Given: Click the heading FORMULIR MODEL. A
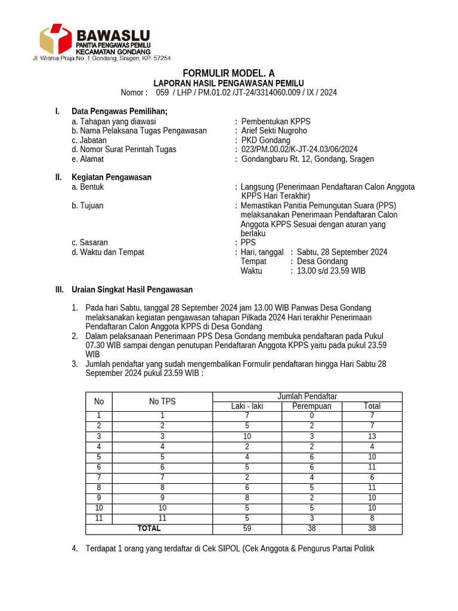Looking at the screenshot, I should coord(228,73).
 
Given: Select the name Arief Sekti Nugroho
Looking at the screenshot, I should coord(274,131).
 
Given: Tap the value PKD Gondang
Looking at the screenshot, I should coord(265,140).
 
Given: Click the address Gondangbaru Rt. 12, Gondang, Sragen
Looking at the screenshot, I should coord(308,159).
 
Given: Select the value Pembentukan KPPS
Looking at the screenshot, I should coord(276,121).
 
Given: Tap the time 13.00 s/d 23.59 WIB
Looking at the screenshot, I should coord(331,271).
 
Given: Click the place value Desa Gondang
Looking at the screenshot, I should coord(322,261).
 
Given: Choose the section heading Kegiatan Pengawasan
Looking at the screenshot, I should coord(112,177).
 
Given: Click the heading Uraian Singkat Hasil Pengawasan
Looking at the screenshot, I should coord(132,289).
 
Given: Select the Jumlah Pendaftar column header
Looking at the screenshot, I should coord(307,397).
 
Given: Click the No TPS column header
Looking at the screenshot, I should coord(162,402).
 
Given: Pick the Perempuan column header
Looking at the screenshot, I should coord(311,406).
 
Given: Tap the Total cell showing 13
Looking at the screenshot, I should coord(372,436).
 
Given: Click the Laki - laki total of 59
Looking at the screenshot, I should coord(247,529).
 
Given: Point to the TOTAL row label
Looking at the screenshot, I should coord(149,529).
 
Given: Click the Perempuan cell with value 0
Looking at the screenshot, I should coord(311,415).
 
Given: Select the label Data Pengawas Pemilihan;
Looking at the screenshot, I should coord(119,111).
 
